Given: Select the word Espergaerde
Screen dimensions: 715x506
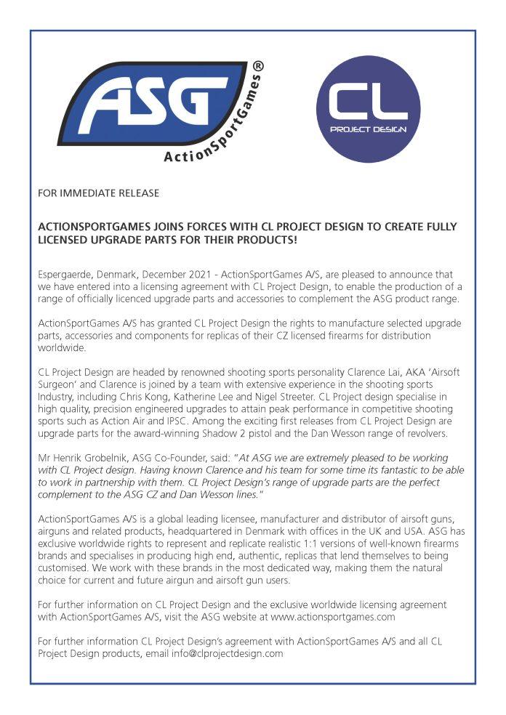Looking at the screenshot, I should (65, 275).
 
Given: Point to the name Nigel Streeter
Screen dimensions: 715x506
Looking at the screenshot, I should (282, 395).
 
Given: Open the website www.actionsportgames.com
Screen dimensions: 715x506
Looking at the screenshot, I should (332, 617).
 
